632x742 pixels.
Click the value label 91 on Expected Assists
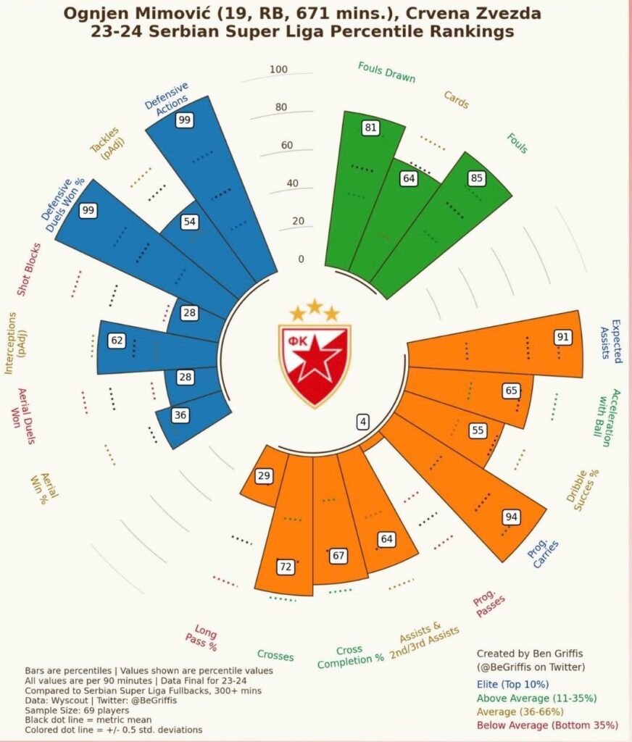coord(562,337)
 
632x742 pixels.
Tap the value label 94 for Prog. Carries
coord(511,517)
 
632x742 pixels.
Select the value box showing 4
coord(362,422)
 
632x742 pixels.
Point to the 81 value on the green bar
coord(371,128)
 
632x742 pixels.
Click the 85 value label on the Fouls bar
coord(476,178)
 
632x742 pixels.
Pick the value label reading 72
coord(286,567)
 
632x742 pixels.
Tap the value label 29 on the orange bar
coord(264,476)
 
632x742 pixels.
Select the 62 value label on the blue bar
coord(117,340)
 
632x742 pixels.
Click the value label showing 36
coord(179,416)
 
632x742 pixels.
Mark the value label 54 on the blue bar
coord(190,222)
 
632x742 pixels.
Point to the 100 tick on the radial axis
coord(278,70)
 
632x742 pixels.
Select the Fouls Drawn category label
coord(381,71)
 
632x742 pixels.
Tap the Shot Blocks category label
coord(30,270)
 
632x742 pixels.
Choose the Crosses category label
coord(275,656)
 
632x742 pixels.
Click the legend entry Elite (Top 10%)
coord(512,684)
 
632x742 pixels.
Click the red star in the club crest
coord(315,359)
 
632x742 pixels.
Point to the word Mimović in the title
coord(170,14)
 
